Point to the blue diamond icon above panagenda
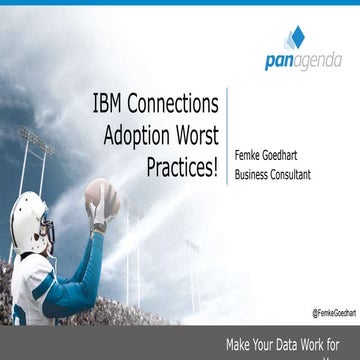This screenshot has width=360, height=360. (296, 38)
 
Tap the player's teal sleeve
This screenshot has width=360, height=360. (70, 280)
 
